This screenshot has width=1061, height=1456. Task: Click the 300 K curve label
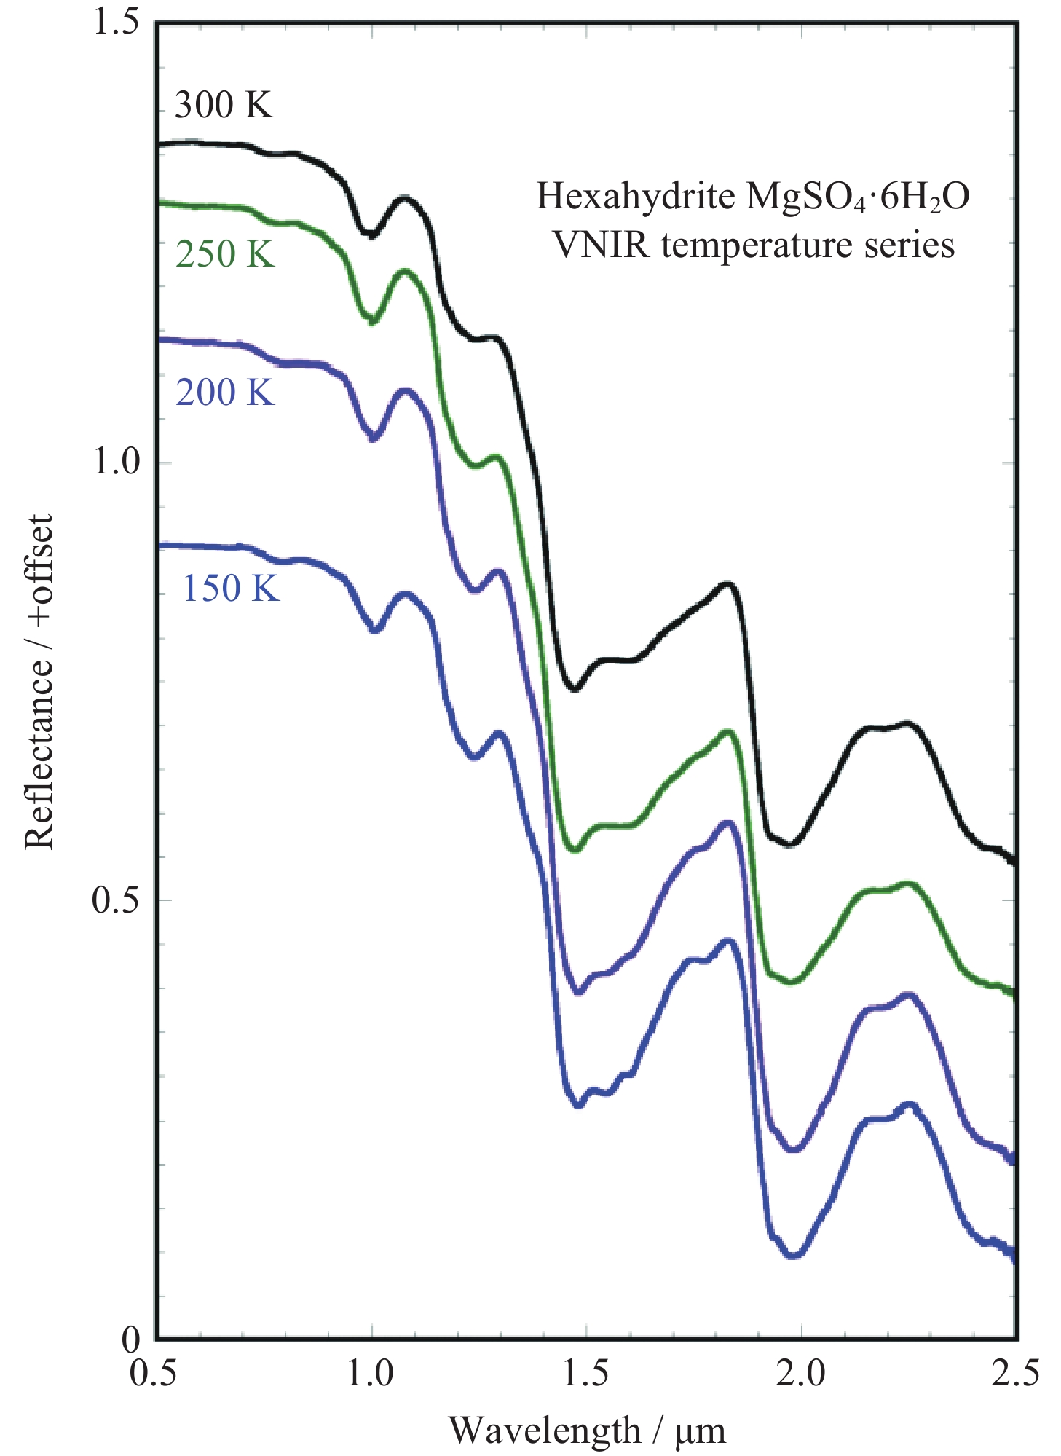point(224,106)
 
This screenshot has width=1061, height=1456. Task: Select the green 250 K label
point(225,255)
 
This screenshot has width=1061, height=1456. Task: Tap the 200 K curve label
point(225,393)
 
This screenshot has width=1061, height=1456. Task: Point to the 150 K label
point(230,589)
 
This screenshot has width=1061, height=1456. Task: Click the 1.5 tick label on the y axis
point(115,23)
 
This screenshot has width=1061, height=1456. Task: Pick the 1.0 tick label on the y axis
point(115,463)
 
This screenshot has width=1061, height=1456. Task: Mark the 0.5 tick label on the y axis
point(115,901)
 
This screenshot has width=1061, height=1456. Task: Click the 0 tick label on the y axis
point(131,1339)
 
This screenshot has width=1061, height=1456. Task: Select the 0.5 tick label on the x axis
point(153,1374)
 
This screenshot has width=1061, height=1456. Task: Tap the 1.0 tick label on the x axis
point(370,1374)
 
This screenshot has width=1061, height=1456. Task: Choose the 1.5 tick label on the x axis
point(585,1374)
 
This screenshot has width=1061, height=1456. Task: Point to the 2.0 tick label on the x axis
point(800,1374)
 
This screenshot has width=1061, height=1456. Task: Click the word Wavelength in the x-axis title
point(544,1431)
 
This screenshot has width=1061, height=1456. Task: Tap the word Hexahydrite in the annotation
point(636,197)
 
